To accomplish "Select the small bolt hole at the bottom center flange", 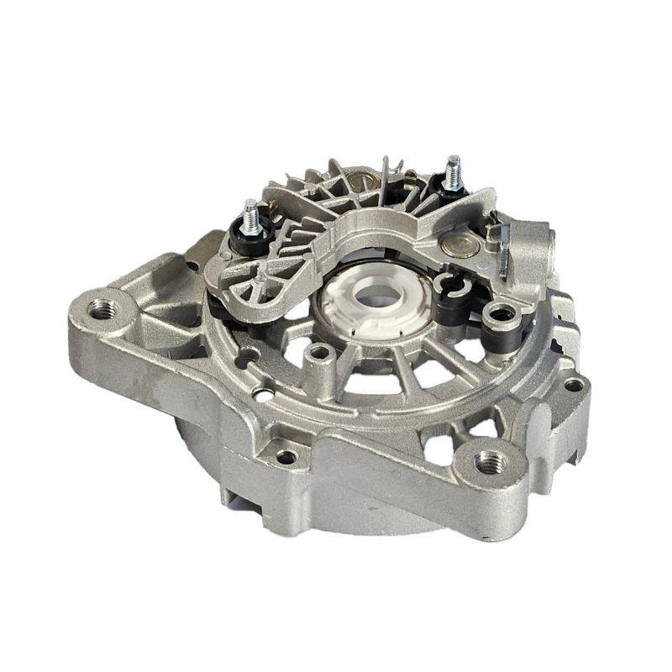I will click(286, 457).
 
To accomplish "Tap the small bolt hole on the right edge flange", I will click(574, 385).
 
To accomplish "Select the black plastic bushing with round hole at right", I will click(502, 315).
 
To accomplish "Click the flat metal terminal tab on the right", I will click(504, 248).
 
